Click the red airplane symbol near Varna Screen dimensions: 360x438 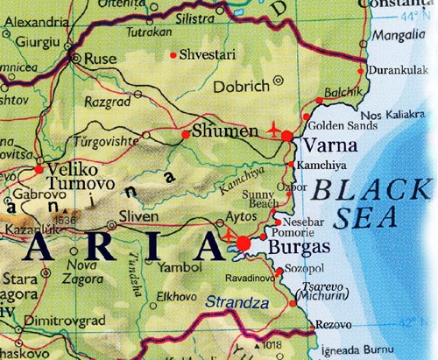[x=278, y=130]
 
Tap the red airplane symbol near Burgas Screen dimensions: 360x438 [x=230, y=235]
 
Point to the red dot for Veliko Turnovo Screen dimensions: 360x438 [x=38, y=167]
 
